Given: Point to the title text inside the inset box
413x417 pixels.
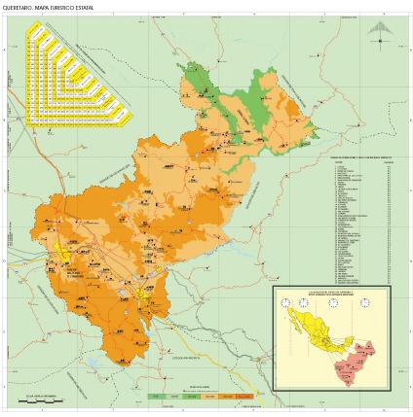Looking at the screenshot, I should (x=330, y=293).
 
